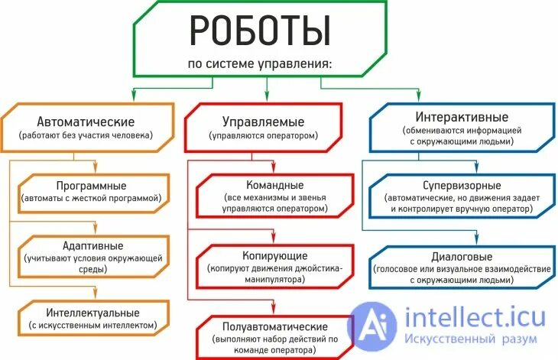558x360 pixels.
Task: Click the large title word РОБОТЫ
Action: (260, 31)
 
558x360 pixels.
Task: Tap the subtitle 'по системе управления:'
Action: (260, 63)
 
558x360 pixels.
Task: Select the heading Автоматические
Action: (86, 122)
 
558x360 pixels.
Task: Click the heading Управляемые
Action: (263, 122)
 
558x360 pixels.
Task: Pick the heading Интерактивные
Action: (462, 118)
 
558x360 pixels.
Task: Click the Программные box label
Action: (91, 186)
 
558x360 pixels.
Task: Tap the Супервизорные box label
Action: (462, 186)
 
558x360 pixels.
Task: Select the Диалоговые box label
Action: (462, 256)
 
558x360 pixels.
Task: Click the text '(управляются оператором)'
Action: (263, 136)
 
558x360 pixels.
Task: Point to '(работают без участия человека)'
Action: (86, 135)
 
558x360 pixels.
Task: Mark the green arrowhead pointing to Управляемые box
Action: (266, 96)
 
